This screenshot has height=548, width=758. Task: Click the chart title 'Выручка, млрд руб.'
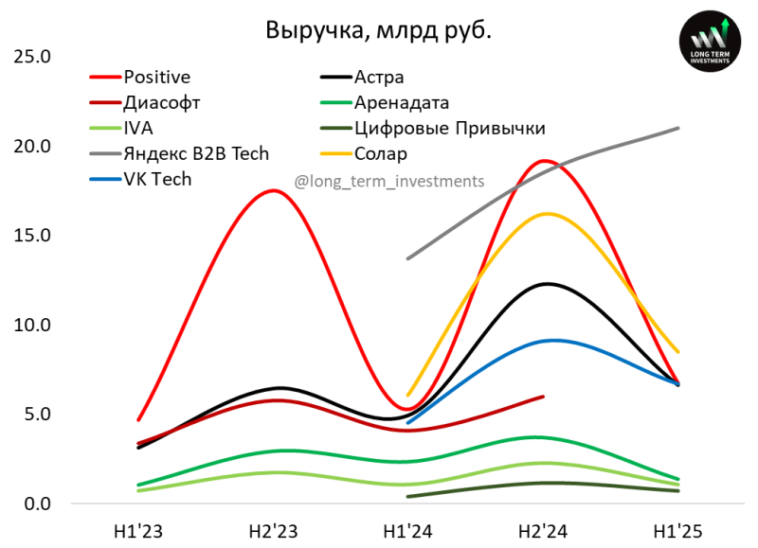(x=378, y=30)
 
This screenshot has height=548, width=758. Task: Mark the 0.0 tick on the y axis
(x=35, y=504)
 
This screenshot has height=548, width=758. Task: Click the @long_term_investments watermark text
(x=389, y=181)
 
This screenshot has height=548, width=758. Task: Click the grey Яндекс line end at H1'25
(x=678, y=128)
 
